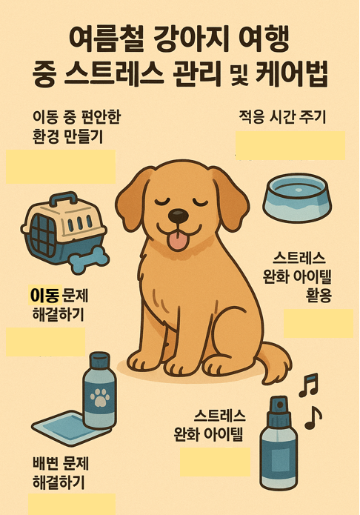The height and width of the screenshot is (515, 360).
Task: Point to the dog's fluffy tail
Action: (276, 363)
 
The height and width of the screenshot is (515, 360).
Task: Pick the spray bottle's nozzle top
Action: (279, 406)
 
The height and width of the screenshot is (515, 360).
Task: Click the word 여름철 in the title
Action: (94, 36)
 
